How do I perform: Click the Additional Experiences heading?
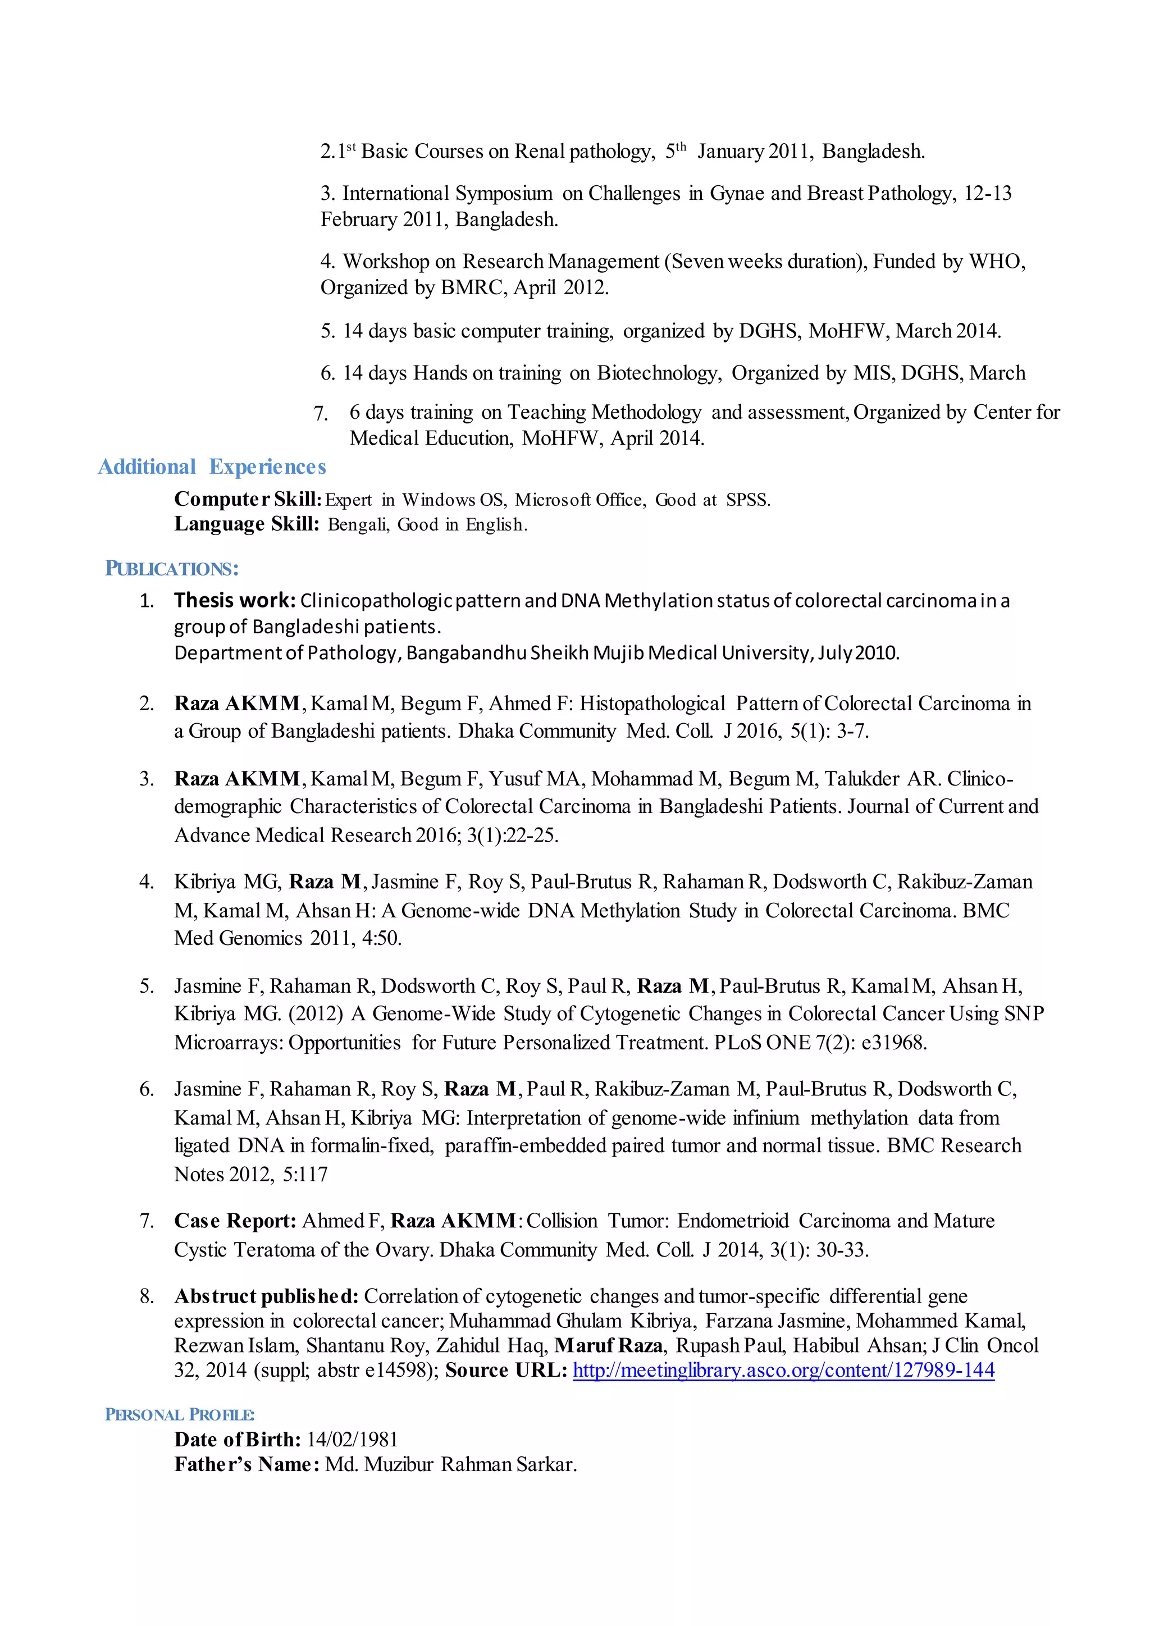coord(212,467)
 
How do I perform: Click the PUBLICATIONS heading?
coord(171,569)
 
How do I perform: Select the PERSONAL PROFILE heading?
coord(179,1414)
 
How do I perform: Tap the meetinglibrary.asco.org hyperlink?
coord(783,1371)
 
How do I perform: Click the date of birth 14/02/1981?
coord(352,1440)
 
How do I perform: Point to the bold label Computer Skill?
coord(248,499)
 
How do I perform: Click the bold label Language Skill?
coord(247,524)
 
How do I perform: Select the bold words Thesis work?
coord(234,601)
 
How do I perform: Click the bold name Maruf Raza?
coord(608,1346)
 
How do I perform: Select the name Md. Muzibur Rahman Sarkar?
coord(451,1464)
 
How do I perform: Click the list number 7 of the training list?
coord(321,414)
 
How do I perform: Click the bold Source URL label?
coord(505,1371)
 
